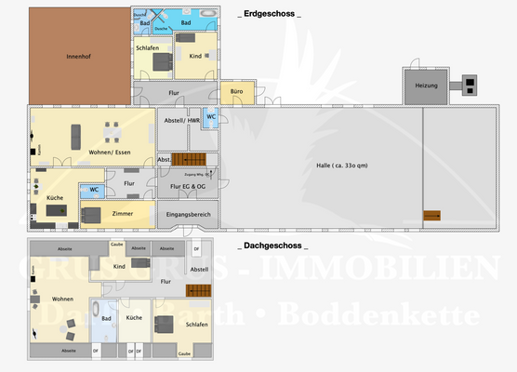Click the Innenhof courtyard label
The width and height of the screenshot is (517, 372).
click(78, 57)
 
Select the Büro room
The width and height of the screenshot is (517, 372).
click(232, 93)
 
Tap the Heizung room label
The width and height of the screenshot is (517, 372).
click(426, 86)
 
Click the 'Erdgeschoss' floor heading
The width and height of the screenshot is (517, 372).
click(271, 14)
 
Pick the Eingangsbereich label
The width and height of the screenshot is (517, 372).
click(188, 216)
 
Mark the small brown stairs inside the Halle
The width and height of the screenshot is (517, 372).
click(432, 216)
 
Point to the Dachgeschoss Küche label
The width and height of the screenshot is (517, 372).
click(133, 318)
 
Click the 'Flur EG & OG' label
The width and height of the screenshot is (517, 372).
click(188, 187)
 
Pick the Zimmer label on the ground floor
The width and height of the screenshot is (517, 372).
click(122, 213)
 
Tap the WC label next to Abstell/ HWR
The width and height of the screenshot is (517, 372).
click(211, 117)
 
